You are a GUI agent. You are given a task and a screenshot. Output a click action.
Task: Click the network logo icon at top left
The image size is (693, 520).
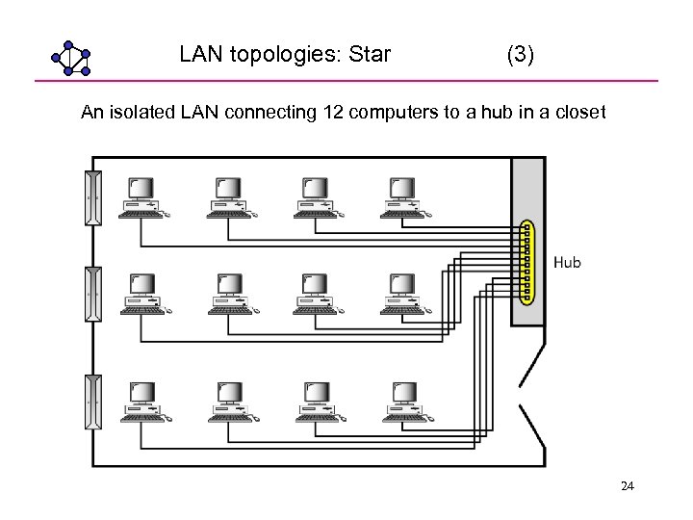point(70,59)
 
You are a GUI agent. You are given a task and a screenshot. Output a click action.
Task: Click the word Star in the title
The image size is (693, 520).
point(369,55)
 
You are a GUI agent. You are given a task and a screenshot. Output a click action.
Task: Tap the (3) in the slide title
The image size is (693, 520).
point(521,55)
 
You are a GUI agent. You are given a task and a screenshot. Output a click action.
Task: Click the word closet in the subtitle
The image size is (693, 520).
point(578,113)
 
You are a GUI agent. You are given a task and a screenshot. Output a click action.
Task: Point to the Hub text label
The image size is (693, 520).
point(567,262)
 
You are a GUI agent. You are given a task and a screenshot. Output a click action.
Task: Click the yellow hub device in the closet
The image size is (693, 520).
point(526,262)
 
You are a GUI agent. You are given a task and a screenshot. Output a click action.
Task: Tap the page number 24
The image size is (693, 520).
point(627,487)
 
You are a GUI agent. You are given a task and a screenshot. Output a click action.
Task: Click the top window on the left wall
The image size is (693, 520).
point(93,197)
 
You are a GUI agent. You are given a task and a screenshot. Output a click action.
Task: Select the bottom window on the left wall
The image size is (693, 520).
point(93,402)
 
